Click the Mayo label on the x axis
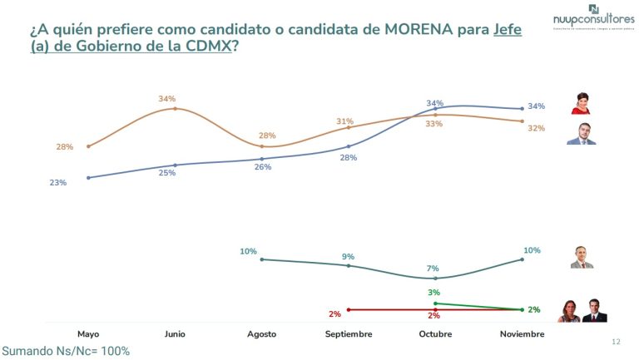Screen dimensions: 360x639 (x=88, y=333)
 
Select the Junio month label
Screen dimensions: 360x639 (x=175, y=333)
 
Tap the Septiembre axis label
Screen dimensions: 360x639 (x=348, y=333)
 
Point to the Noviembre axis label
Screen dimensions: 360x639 (x=522, y=333)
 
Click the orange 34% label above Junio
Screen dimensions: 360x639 (x=166, y=99)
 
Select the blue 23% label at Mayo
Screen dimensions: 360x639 (x=57, y=182)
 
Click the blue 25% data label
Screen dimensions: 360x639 (x=168, y=173)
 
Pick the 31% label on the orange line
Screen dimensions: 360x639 (x=345, y=121)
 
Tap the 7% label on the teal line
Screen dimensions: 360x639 (x=433, y=269)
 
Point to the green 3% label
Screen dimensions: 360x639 (x=433, y=293)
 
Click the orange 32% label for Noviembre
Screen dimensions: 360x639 (x=536, y=128)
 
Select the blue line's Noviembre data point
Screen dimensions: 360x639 (x=522, y=108)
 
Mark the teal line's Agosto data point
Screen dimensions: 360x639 (x=262, y=259)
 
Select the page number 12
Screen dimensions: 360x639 (x=616, y=342)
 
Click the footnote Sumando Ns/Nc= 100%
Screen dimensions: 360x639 (x=66, y=351)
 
